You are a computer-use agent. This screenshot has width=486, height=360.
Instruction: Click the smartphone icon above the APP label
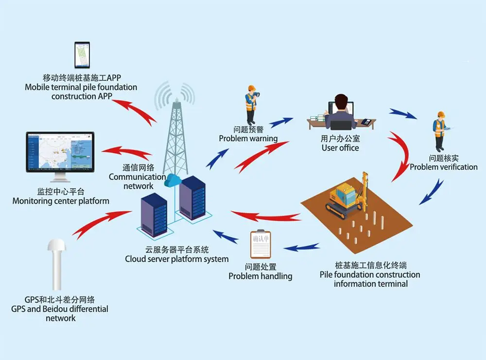[x=82, y=55]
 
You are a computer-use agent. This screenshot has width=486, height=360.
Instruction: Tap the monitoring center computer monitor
[x=60, y=151]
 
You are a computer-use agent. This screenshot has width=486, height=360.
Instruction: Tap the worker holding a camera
[x=251, y=104]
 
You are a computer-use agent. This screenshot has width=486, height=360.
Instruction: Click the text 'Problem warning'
[x=248, y=139]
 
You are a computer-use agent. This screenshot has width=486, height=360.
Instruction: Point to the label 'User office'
[x=340, y=147]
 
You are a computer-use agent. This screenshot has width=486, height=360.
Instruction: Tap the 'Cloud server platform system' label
[x=176, y=259]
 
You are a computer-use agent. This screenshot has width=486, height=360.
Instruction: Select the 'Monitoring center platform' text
[x=61, y=201]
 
